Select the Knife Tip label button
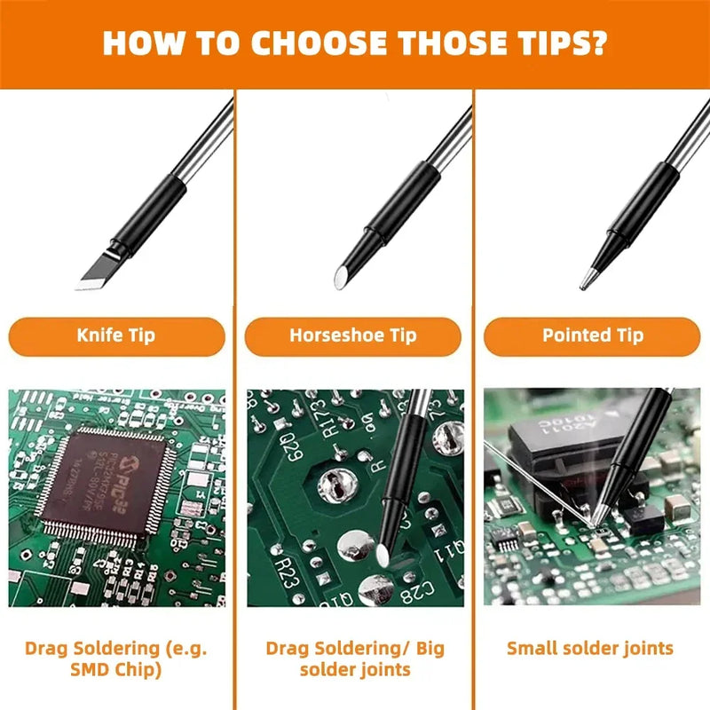tap(116, 335)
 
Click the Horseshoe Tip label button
tap(352, 335)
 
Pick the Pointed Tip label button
tap(593, 335)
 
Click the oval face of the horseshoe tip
tap(339, 278)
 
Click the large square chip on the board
tap(105, 479)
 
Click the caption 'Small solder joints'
tap(590, 648)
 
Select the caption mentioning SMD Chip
tap(116, 658)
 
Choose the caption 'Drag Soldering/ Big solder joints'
tap(355, 658)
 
